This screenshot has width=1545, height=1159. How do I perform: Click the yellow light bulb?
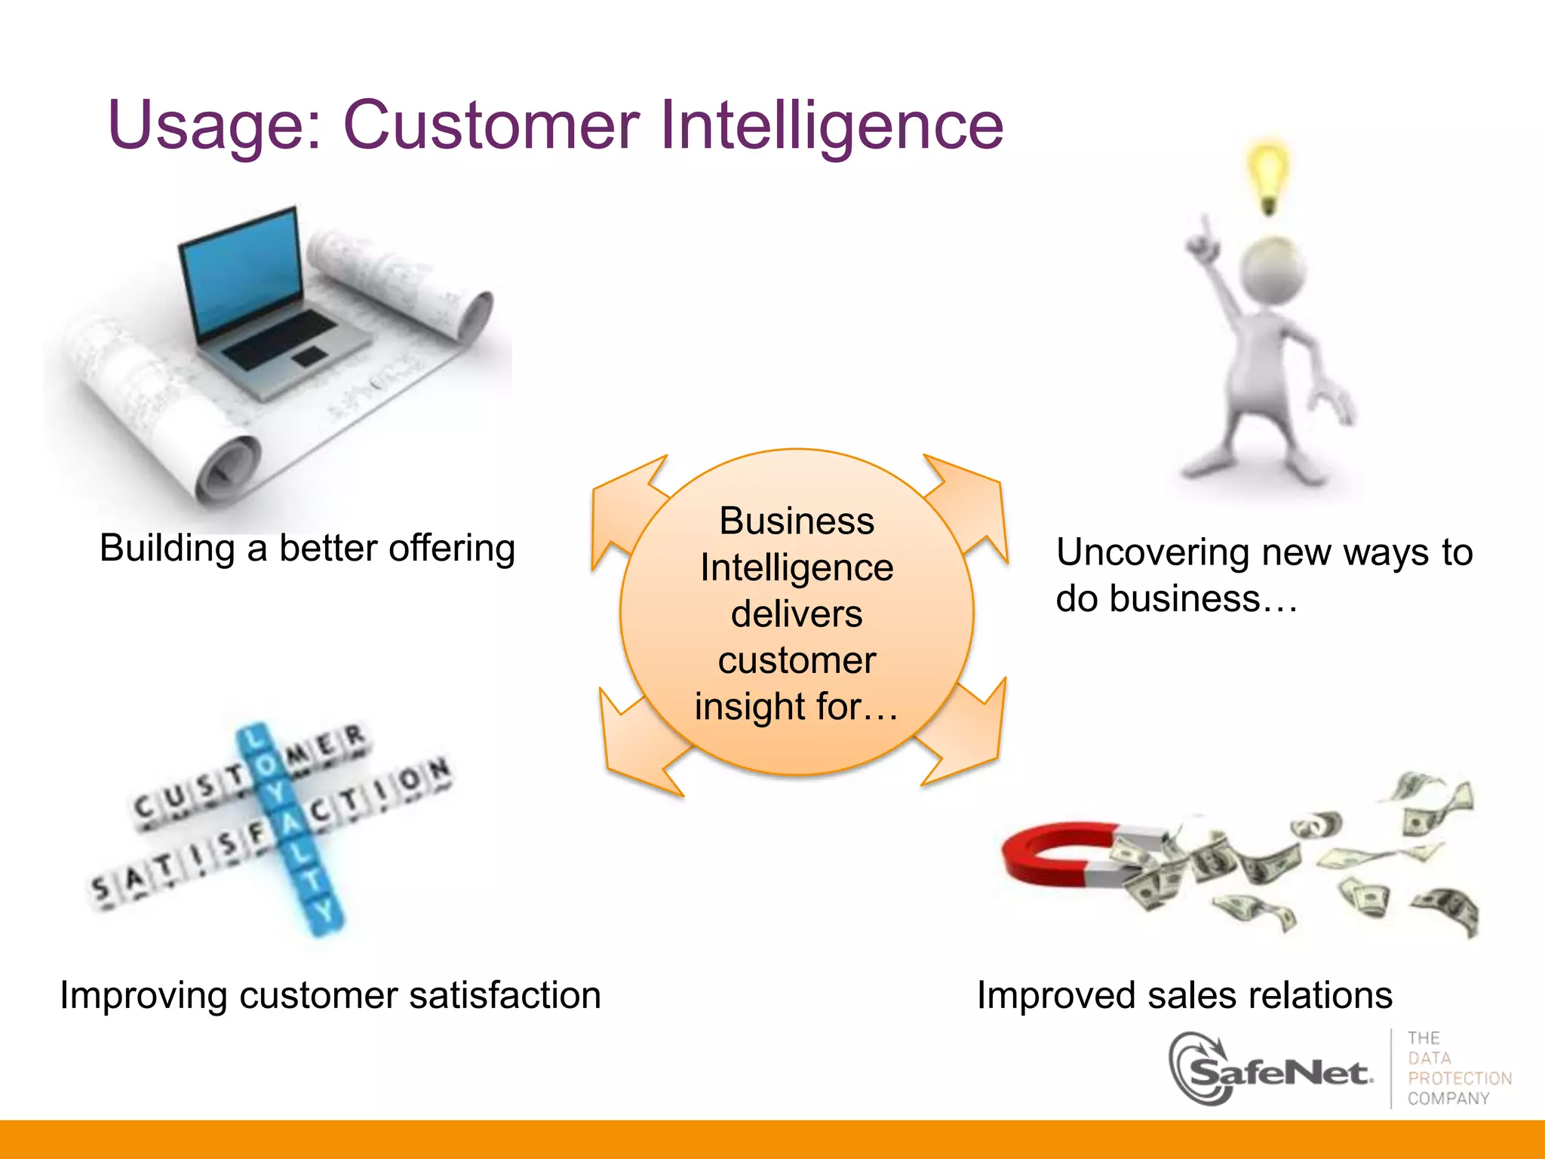click(x=1268, y=174)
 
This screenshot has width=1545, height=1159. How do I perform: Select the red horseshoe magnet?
click(x=1056, y=856)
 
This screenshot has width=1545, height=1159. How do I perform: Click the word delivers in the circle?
click(x=797, y=613)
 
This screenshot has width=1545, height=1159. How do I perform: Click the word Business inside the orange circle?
click(x=797, y=521)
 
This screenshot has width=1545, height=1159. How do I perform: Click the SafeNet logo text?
click(x=1282, y=1071)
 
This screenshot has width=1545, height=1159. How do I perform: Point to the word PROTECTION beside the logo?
click(x=1459, y=1078)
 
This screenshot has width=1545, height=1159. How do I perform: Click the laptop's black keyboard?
click(x=279, y=340)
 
